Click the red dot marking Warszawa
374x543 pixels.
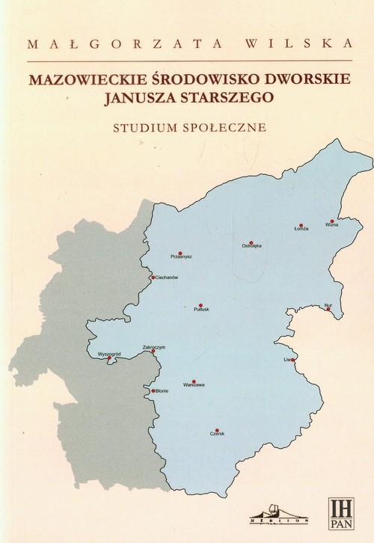point(194,381)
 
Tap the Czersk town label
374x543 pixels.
point(218,433)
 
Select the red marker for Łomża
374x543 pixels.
point(301,225)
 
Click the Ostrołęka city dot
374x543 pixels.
point(252,243)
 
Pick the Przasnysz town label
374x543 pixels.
point(182,257)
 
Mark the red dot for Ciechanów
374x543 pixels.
point(153,277)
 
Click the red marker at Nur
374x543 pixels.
point(328,308)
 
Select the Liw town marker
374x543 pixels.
point(294,360)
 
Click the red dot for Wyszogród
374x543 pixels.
point(110,358)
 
